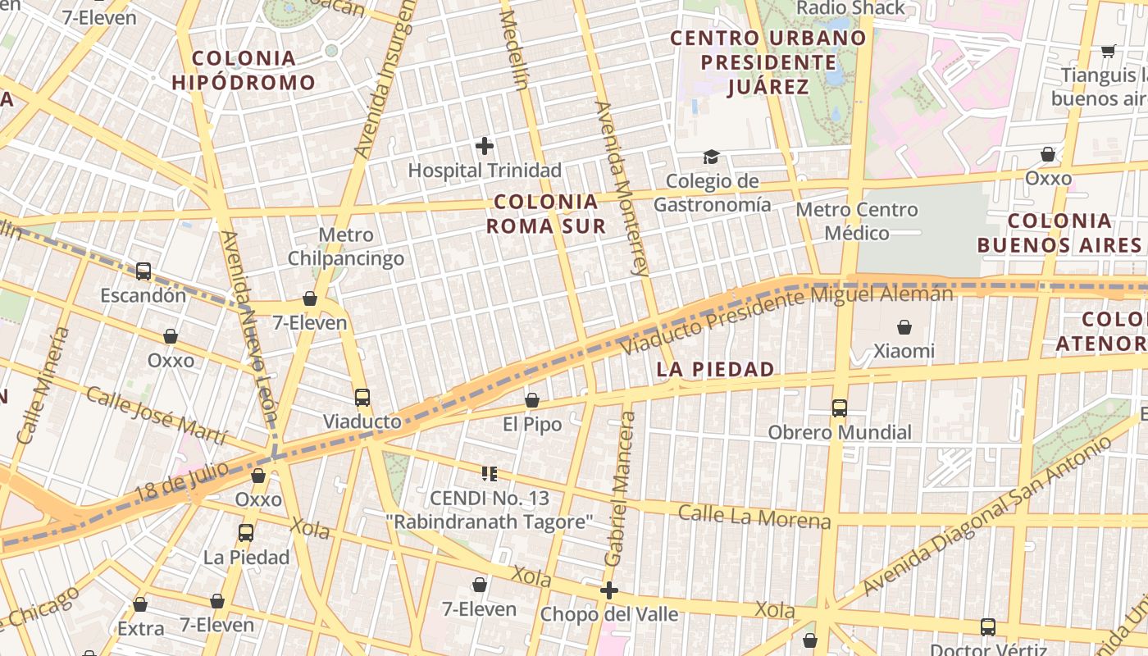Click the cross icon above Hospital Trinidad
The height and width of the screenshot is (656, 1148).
coord(485,146)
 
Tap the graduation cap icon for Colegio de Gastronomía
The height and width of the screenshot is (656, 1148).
coord(711,157)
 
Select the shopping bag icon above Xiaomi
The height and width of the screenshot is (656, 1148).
coord(904,327)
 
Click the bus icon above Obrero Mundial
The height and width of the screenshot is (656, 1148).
coord(839,408)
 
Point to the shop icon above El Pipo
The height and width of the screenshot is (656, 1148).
coord(531,400)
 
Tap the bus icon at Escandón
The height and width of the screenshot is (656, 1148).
coord(143,271)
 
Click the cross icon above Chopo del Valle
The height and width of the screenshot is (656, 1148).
coord(608,590)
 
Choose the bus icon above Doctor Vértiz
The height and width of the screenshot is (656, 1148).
coord(987,626)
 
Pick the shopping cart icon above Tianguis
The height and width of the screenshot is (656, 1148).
coord(1108,51)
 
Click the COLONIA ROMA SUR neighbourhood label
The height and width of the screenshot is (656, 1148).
coord(547,213)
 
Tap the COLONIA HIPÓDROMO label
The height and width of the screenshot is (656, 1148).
coord(244,70)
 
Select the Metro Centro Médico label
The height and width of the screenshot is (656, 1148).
coord(857,221)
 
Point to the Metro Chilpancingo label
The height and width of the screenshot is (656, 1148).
coord(345,247)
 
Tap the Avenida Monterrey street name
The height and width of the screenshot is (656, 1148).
coord(622,188)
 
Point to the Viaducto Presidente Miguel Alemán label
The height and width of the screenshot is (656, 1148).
coord(786,320)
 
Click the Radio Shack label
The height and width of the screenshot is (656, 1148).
coord(850,8)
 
